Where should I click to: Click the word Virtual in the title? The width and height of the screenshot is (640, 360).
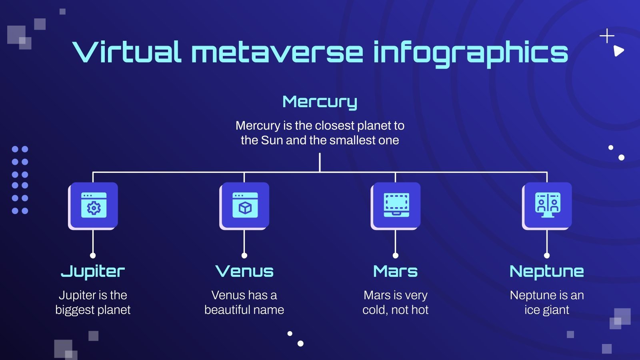tap(126, 52)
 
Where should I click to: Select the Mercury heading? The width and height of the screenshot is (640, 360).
tap(320, 102)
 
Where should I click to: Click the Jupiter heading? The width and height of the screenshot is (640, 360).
tap(93, 272)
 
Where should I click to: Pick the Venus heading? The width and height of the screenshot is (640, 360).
tap(244, 272)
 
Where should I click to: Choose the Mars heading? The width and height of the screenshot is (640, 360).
tap(395, 272)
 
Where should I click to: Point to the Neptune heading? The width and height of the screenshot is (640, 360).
tap(546, 272)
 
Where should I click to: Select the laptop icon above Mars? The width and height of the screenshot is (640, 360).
tap(396, 205)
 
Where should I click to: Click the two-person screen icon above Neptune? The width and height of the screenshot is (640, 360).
tap(548, 205)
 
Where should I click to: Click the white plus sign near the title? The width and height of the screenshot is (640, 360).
tap(607, 36)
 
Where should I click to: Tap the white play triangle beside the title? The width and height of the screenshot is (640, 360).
tap(618, 51)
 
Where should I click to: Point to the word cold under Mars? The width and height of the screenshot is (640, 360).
tap(374, 310)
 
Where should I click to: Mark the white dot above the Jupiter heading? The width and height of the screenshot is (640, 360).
tap(93, 255)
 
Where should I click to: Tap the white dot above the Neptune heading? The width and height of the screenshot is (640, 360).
tap(547, 255)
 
